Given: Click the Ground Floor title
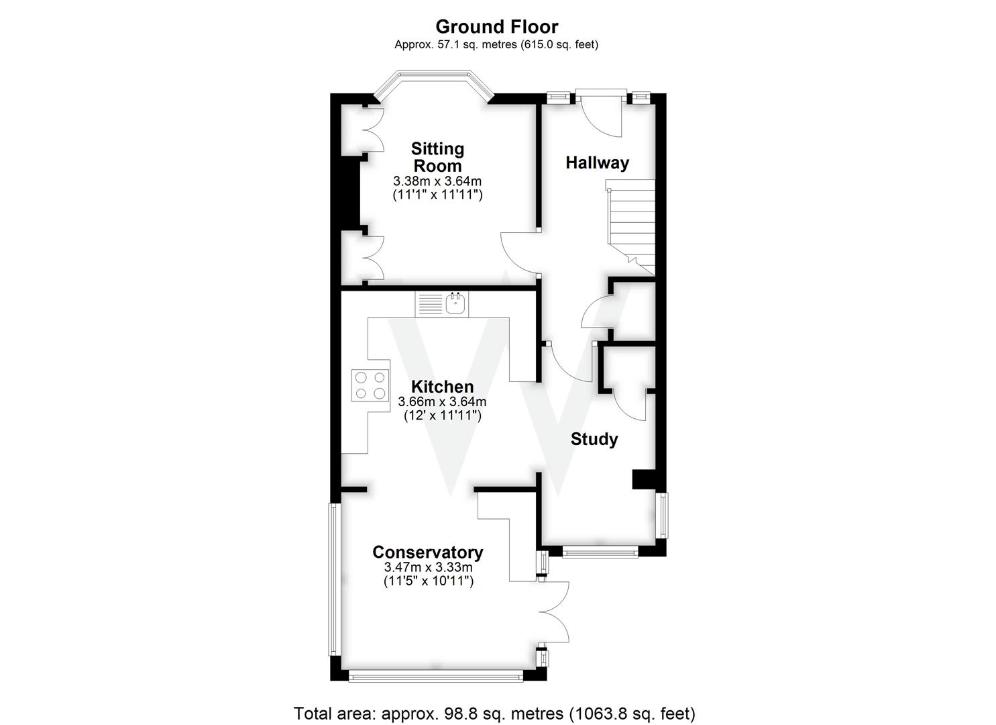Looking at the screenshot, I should tap(496, 27).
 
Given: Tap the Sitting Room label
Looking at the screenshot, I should tap(437, 157).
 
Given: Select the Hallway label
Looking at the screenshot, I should tap(597, 162).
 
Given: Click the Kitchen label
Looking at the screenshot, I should tap(442, 387).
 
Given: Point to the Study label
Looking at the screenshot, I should tap(594, 439).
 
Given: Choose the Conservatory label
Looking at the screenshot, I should tap(428, 552).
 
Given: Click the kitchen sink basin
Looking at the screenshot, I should tap(455, 303).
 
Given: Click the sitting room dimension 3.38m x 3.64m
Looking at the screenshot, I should tap(437, 181).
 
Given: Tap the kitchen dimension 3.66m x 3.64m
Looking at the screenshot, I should tap(442, 402).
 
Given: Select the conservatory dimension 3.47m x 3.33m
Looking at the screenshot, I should tap(428, 567).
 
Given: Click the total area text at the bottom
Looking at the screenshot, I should tap(494, 712).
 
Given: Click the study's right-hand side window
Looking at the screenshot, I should tap(663, 516).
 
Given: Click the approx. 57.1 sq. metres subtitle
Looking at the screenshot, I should tap(496, 45).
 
